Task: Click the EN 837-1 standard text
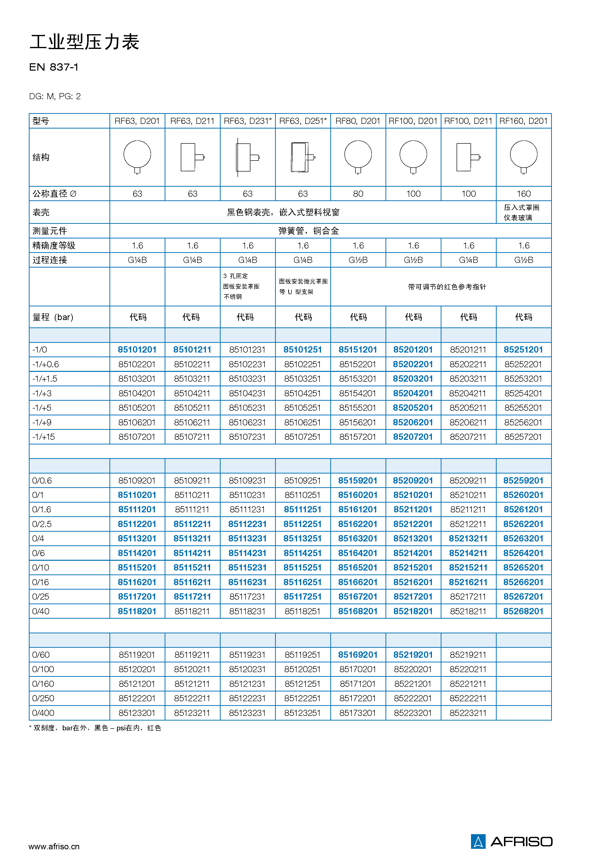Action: tap(54, 67)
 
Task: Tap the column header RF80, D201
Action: tap(358, 121)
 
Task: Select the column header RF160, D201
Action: tap(523, 121)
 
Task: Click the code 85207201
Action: tap(413, 437)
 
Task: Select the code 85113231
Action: tap(247, 538)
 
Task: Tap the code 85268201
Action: tap(523, 611)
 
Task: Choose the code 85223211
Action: tap(468, 713)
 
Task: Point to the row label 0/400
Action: tap(43, 713)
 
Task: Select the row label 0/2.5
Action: tap(42, 524)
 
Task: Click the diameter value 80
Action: tap(358, 194)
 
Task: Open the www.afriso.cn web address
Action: tap(54, 846)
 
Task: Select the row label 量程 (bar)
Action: tap(53, 317)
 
